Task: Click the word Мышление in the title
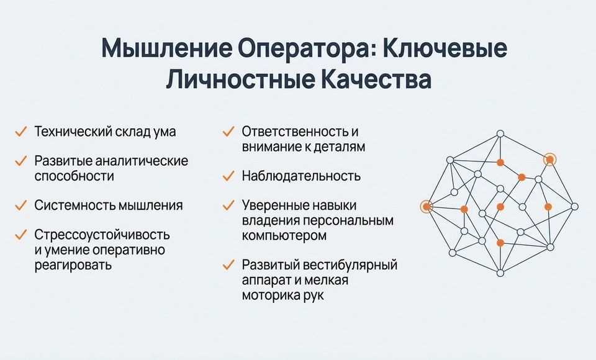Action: (x=165, y=48)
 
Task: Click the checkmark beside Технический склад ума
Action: (x=20, y=132)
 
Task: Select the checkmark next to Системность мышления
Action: (x=20, y=205)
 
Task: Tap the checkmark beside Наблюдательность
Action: (x=228, y=176)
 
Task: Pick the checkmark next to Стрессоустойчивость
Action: (x=20, y=235)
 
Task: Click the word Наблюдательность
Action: (x=301, y=176)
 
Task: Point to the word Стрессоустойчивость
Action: (x=102, y=235)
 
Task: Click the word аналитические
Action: (x=142, y=161)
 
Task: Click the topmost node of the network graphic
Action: (x=500, y=134)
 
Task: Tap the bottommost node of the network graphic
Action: (x=500, y=273)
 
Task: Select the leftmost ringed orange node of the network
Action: (x=427, y=207)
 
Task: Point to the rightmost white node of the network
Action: (x=575, y=207)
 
